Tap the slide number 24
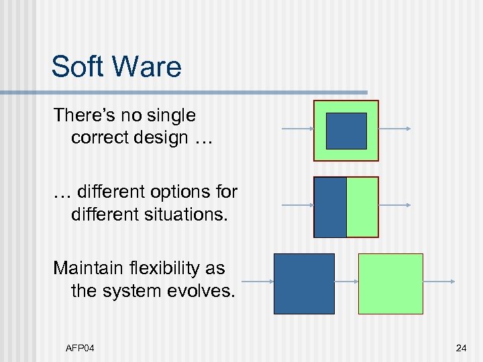(x=461, y=348)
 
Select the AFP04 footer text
(x=80, y=348)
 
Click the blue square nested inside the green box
(x=346, y=131)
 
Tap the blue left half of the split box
(x=330, y=207)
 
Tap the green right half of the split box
(x=362, y=207)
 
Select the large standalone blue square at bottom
(x=304, y=284)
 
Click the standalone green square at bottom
(x=390, y=284)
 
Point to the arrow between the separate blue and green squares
(x=346, y=282)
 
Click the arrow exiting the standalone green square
(x=439, y=282)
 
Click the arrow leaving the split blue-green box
(x=394, y=205)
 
